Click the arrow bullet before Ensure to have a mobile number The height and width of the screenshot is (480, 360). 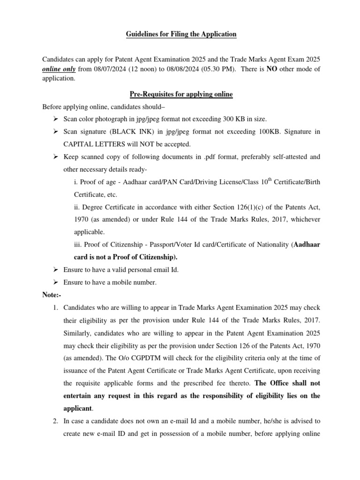tap(55, 282)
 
